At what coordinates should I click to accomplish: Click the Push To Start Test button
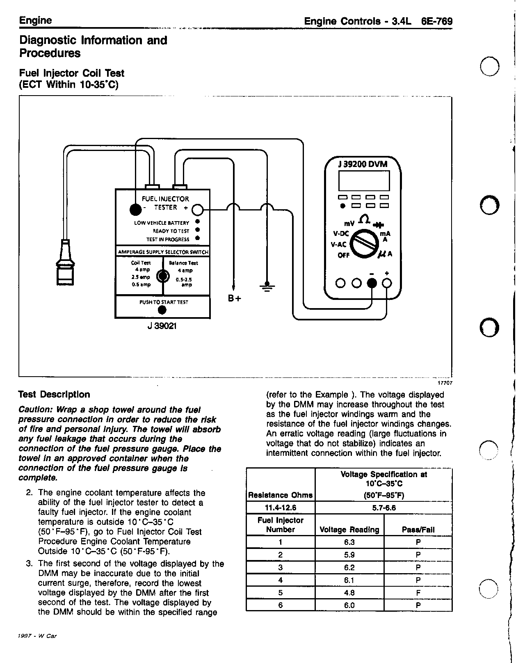coord(162,310)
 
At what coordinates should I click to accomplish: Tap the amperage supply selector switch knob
coord(163,277)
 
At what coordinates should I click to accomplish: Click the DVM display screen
coord(363,181)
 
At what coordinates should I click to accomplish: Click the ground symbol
coord(267,285)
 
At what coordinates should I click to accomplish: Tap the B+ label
coord(234,298)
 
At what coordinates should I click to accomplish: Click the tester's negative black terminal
coord(135,209)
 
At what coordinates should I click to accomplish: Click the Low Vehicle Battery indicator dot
coord(197,222)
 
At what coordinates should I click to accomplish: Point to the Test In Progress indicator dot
coord(197,238)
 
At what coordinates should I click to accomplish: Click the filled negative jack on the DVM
coord(372,283)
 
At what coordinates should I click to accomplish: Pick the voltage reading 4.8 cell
coord(349,592)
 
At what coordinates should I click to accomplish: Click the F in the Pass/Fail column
coord(418,592)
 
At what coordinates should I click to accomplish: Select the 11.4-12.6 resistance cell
coord(281,508)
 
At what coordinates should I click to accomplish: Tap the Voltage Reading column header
coord(349,530)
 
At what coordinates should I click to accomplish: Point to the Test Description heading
coord(54,394)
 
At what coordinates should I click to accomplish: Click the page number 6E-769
coord(437,21)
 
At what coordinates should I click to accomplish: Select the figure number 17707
coord(445,382)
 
